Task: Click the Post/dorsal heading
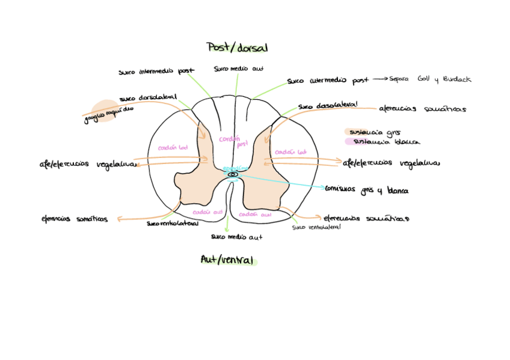237,47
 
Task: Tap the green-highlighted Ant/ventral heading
228,260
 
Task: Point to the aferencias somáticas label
422,109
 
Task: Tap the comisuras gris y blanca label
367,190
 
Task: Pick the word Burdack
457,79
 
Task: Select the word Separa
399,79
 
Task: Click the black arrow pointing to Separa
379,79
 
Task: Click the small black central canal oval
233,174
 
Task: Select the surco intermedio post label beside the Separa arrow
328,80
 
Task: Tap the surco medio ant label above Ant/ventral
236,237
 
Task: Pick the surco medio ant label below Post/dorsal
239,69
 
